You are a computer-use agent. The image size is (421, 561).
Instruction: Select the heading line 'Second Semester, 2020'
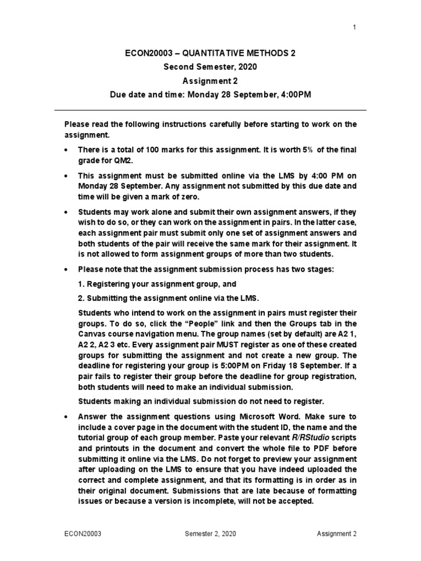[x=210, y=67]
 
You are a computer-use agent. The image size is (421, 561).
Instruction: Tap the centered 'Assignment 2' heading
[x=210, y=81]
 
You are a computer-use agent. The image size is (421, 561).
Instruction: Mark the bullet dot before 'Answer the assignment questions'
[x=67, y=416]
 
